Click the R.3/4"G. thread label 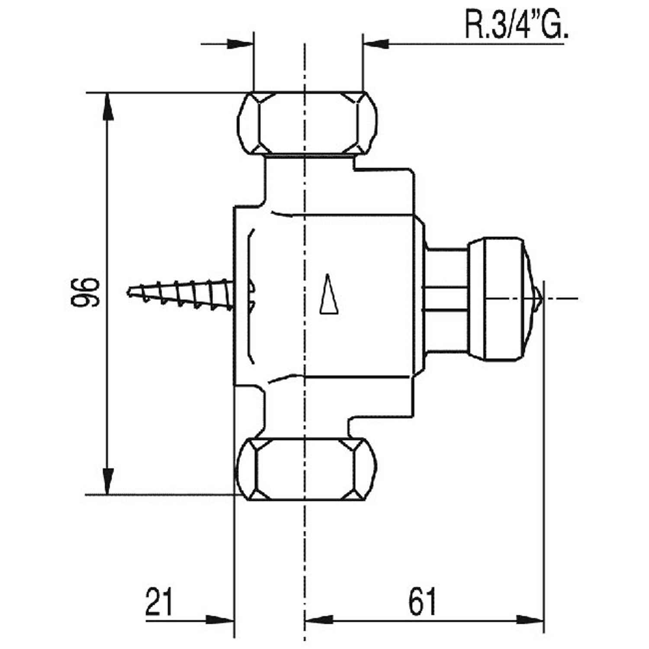pyautogui.click(x=516, y=25)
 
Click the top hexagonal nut pyautogui.click(x=307, y=122)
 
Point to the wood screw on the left pyautogui.click(x=182, y=296)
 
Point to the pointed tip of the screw pyautogui.click(x=130, y=293)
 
